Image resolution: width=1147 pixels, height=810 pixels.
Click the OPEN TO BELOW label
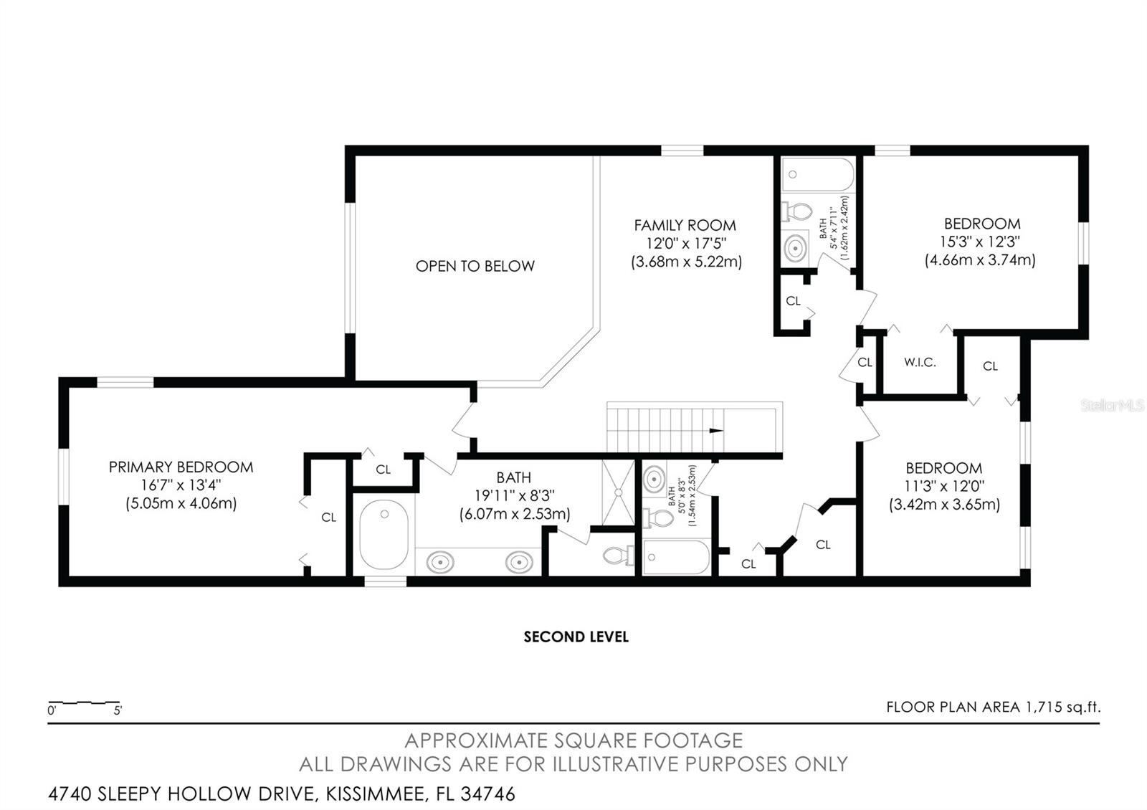[x=475, y=266]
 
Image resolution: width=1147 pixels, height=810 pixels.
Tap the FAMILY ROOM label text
[x=685, y=225]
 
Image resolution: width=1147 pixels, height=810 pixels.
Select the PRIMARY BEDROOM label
[x=181, y=467]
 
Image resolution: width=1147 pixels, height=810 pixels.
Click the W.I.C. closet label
[x=920, y=363]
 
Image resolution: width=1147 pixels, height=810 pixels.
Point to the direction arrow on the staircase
[x=716, y=431]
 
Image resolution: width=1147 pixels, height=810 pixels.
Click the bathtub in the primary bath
[x=384, y=535]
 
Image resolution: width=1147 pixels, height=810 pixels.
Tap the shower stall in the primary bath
[x=618, y=492]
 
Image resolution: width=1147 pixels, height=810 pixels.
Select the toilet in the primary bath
[x=619, y=555]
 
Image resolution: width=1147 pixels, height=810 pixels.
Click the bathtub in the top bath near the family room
[x=818, y=174]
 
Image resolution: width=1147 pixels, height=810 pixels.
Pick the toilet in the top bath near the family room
[x=796, y=211]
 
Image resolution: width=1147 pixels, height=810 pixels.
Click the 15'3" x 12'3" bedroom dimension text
[x=979, y=242]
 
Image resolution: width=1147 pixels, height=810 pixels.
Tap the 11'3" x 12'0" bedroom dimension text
[x=944, y=486]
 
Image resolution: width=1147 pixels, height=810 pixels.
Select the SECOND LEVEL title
[x=576, y=637]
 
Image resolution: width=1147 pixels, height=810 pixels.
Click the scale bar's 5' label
[x=118, y=710]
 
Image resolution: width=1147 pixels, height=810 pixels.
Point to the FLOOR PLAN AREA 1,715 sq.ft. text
[x=994, y=707]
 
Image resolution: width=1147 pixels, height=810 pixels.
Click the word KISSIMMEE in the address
[x=376, y=794]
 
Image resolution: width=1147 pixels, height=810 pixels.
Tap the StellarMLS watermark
[x=1112, y=406]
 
